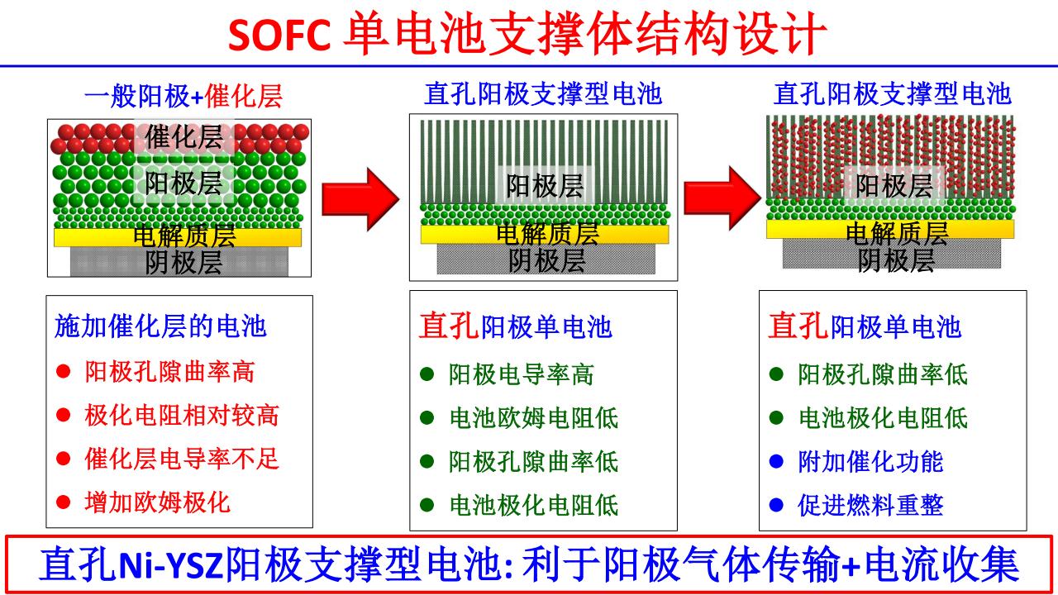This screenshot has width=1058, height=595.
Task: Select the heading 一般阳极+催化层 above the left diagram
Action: (x=183, y=97)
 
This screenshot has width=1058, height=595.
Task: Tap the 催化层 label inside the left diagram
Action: (x=183, y=137)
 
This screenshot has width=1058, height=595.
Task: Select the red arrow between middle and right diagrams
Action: (x=722, y=197)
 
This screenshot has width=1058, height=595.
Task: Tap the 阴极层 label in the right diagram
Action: (x=895, y=261)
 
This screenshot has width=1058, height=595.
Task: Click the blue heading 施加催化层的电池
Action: (x=160, y=326)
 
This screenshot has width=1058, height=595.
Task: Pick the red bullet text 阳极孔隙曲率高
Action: (x=169, y=372)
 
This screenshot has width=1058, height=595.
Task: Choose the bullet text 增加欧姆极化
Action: (x=157, y=501)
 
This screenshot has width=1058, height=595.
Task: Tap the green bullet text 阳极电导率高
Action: (x=521, y=375)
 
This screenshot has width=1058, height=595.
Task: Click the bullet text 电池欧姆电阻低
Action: (x=533, y=418)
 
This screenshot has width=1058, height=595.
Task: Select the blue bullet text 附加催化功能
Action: (x=870, y=461)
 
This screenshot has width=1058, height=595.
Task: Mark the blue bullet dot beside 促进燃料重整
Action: (x=775, y=505)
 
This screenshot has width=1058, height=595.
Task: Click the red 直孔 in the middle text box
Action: (x=449, y=326)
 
